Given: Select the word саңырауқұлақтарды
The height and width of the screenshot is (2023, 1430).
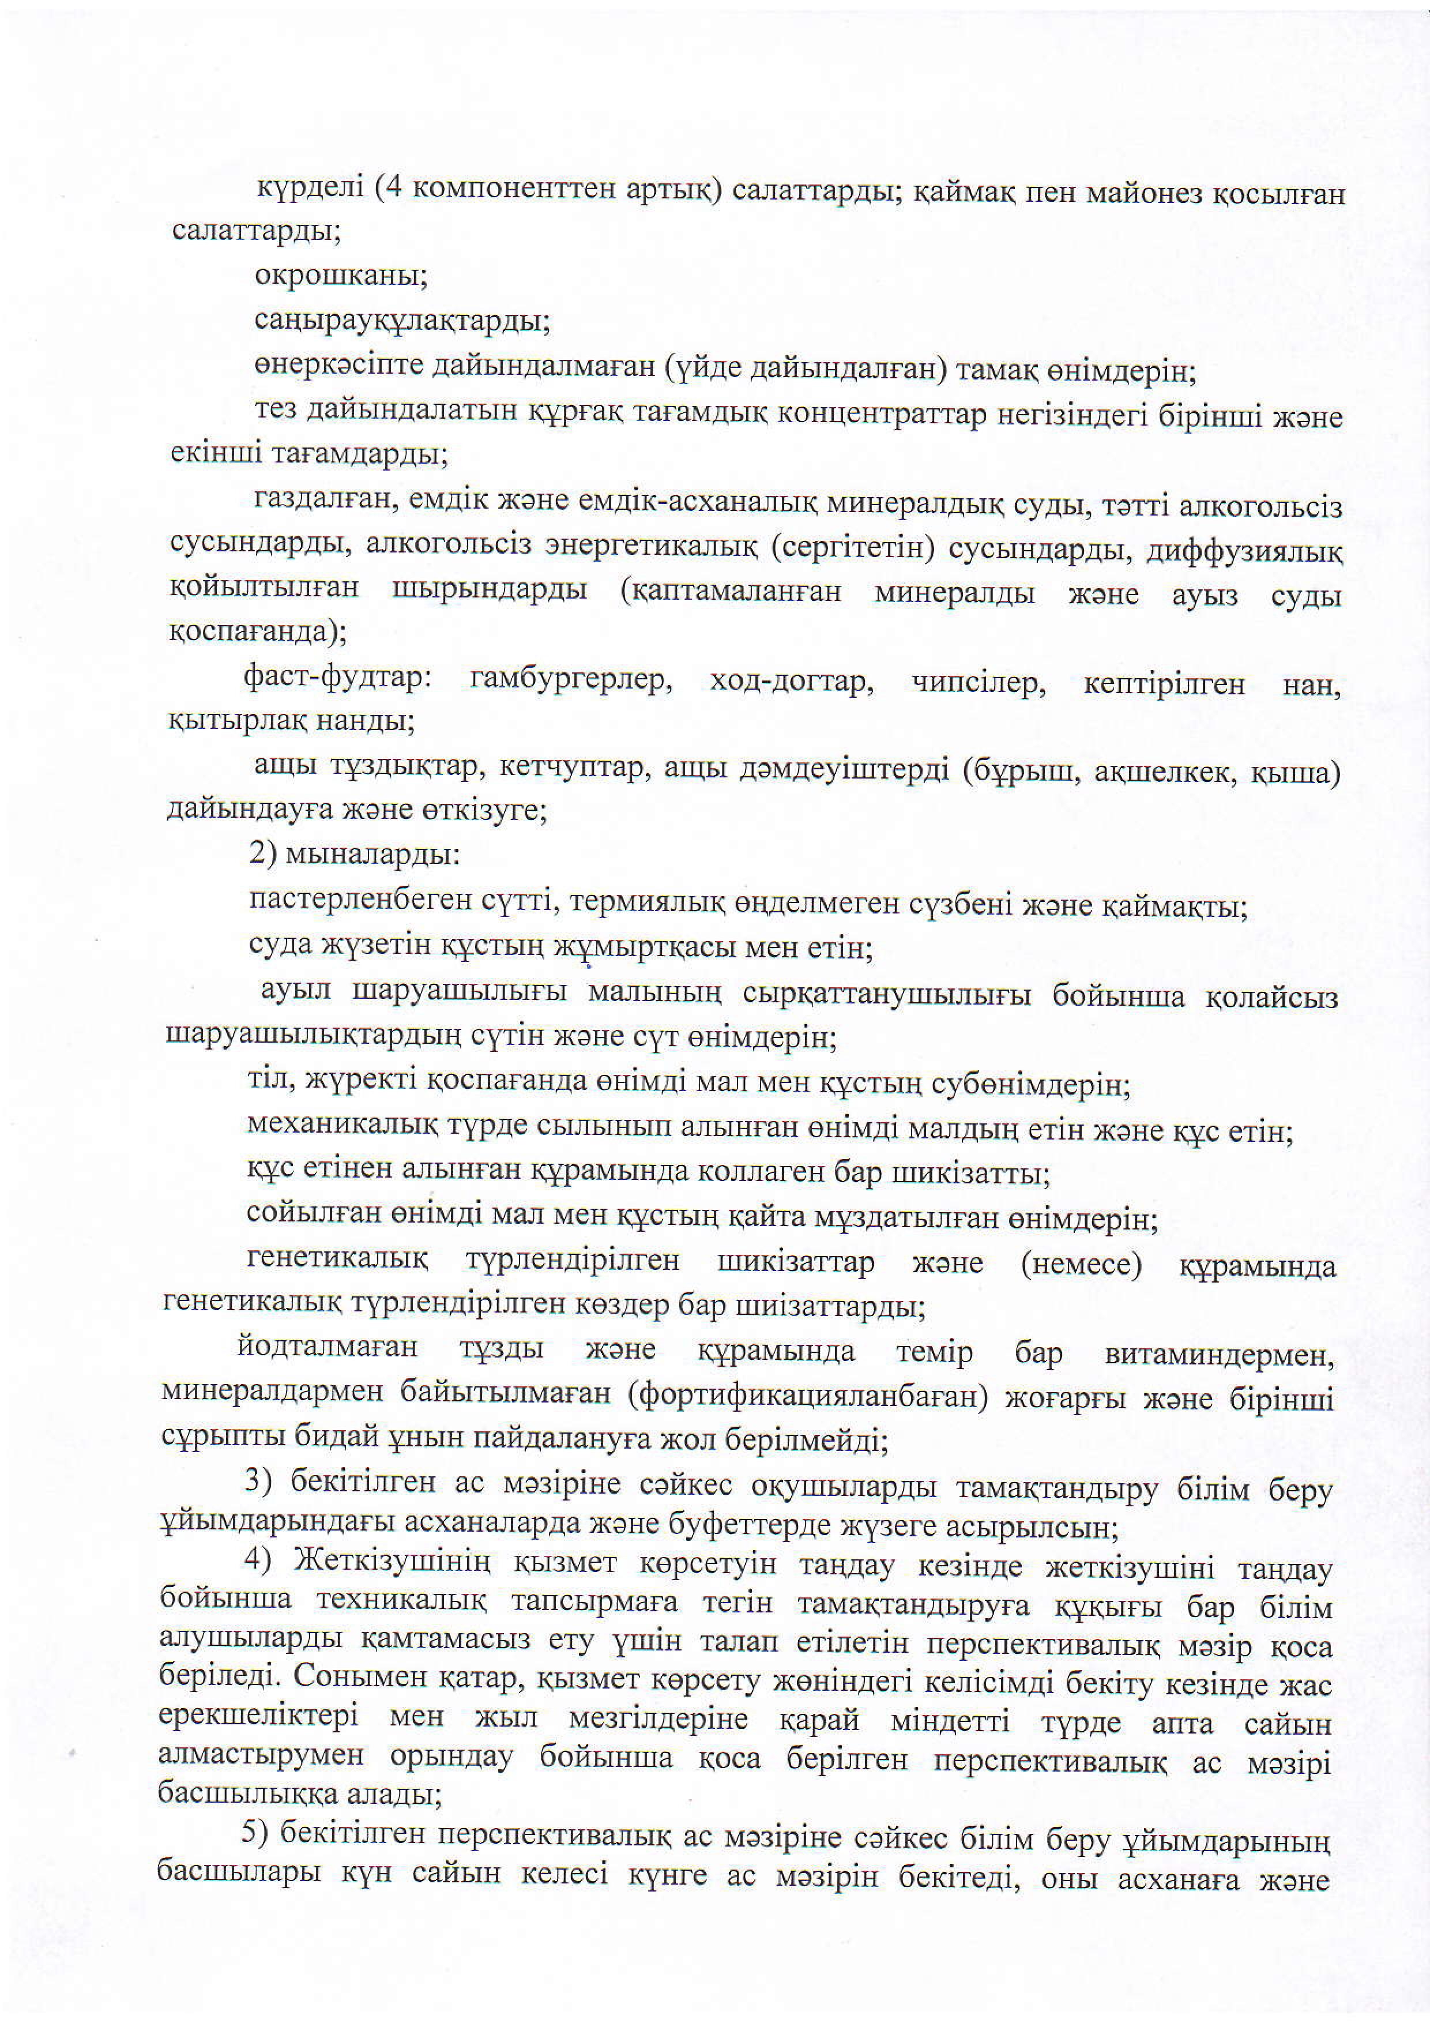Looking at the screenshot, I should pos(402,321).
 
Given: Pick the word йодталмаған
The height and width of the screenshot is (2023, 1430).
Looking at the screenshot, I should pos(328,1348).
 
